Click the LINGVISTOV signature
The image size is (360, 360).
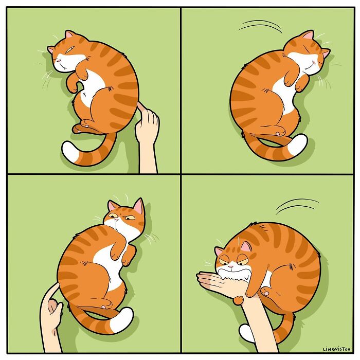tap(336, 349)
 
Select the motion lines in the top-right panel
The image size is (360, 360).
tap(260, 26)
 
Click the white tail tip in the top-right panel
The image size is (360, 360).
tap(298, 145)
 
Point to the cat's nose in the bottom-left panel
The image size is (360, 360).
tap(117, 219)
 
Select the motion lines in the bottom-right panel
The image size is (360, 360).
tap(297, 206)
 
